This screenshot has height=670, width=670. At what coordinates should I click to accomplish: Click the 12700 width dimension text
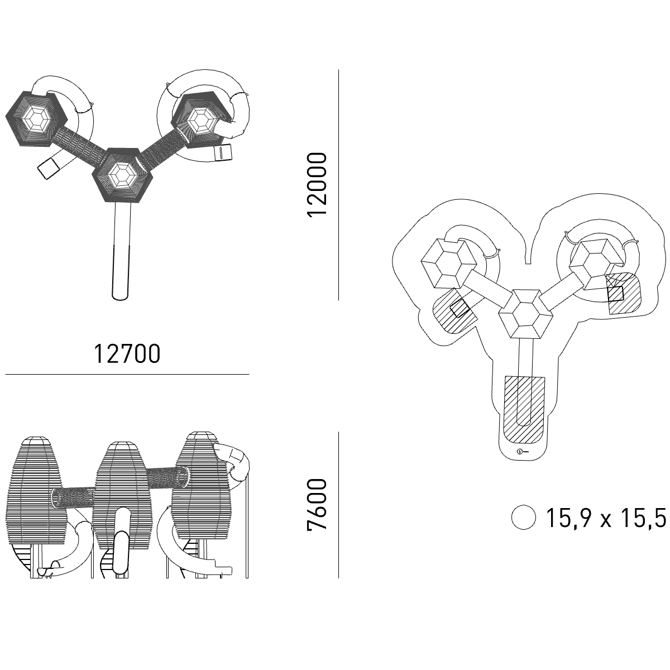(x=127, y=354)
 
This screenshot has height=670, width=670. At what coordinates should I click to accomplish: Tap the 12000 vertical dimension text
(x=317, y=185)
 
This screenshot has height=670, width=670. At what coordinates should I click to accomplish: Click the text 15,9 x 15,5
(x=606, y=518)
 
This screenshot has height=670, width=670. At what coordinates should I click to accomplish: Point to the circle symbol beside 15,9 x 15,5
(x=523, y=518)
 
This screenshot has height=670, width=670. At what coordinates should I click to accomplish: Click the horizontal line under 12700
(x=127, y=375)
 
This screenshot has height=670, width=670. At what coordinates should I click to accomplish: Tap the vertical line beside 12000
(x=339, y=185)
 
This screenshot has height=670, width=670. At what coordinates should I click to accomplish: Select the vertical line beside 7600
(x=339, y=505)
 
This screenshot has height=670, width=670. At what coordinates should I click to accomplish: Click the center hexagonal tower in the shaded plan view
(x=122, y=175)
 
